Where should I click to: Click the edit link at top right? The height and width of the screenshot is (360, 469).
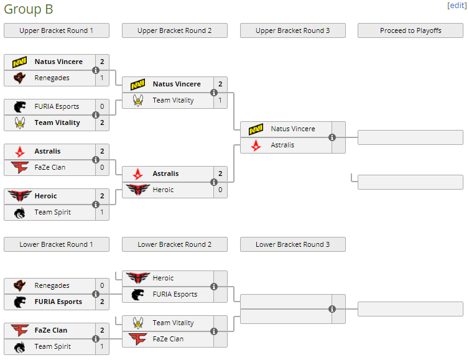(x=456, y=5)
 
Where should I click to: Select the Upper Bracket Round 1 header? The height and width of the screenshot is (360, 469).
(x=57, y=30)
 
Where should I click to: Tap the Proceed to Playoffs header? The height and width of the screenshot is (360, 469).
(x=411, y=30)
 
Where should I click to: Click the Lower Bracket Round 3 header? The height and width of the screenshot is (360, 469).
(x=292, y=244)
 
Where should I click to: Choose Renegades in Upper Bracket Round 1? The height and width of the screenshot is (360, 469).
(x=52, y=78)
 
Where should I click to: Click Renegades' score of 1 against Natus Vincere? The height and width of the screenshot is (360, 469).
(x=102, y=78)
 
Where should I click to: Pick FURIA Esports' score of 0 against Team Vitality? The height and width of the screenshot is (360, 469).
(x=102, y=106)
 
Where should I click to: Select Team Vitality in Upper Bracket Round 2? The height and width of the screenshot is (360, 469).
(x=173, y=100)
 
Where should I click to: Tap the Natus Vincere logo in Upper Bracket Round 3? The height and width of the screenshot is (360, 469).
(x=256, y=129)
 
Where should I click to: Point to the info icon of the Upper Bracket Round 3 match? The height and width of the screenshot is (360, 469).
(x=332, y=137)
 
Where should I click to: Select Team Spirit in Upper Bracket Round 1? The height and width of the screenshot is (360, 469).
(x=52, y=212)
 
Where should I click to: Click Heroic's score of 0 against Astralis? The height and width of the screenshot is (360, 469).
(x=220, y=190)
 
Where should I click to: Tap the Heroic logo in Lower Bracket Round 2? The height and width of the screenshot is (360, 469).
(x=137, y=278)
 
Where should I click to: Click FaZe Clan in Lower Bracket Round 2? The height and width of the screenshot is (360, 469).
(x=168, y=339)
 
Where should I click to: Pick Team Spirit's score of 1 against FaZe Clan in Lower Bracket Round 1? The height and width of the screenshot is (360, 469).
(x=102, y=346)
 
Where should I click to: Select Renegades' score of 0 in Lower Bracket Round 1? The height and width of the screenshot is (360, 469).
(x=102, y=285)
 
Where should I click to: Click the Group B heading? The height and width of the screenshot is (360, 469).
(x=28, y=9)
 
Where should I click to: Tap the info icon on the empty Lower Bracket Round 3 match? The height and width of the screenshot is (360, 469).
(x=332, y=309)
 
